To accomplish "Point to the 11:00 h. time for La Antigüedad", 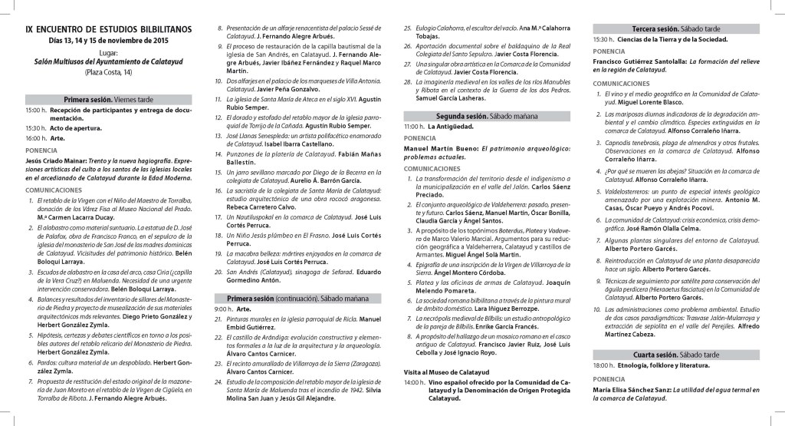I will tap(414, 126).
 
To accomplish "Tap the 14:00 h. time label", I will tap(414, 381).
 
